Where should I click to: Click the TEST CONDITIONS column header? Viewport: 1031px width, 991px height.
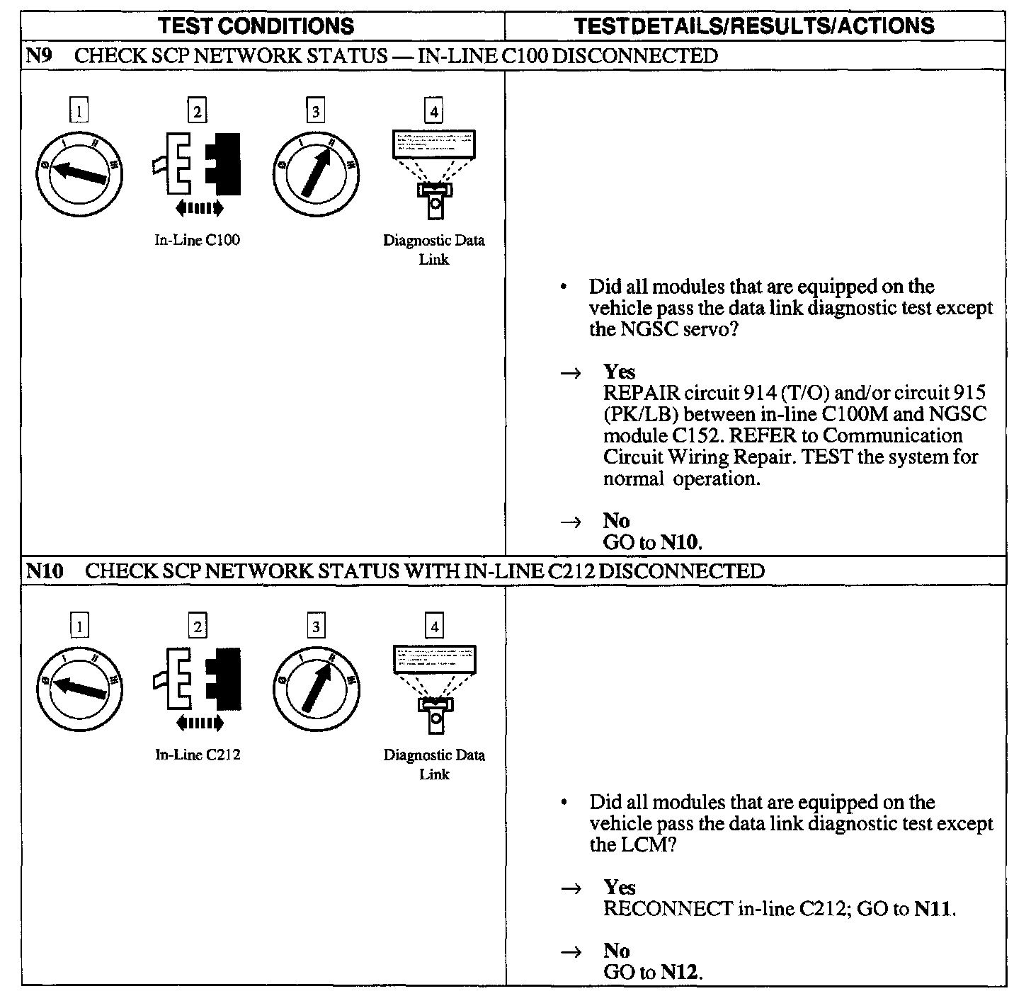coord(256,26)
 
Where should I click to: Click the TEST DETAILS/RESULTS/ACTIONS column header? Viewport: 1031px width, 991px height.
coord(753,26)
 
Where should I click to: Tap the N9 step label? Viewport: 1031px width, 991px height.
coord(37,56)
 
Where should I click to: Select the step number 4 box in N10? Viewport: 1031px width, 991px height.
coord(434,626)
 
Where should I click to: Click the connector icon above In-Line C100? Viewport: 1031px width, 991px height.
coord(198,164)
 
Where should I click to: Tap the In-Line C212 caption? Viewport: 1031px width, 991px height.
coord(198,755)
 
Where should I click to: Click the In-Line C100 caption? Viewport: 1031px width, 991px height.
coord(198,241)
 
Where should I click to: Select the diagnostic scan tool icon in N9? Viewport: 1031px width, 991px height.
coord(434,173)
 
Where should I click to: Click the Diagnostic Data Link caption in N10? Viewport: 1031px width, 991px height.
coord(434,764)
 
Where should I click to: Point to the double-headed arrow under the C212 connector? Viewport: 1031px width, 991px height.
coord(199,723)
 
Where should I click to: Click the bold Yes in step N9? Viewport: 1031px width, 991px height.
coord(619,372)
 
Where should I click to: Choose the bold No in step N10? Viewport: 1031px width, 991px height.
coord(616,951)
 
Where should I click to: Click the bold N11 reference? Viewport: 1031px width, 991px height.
coord(933,908)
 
